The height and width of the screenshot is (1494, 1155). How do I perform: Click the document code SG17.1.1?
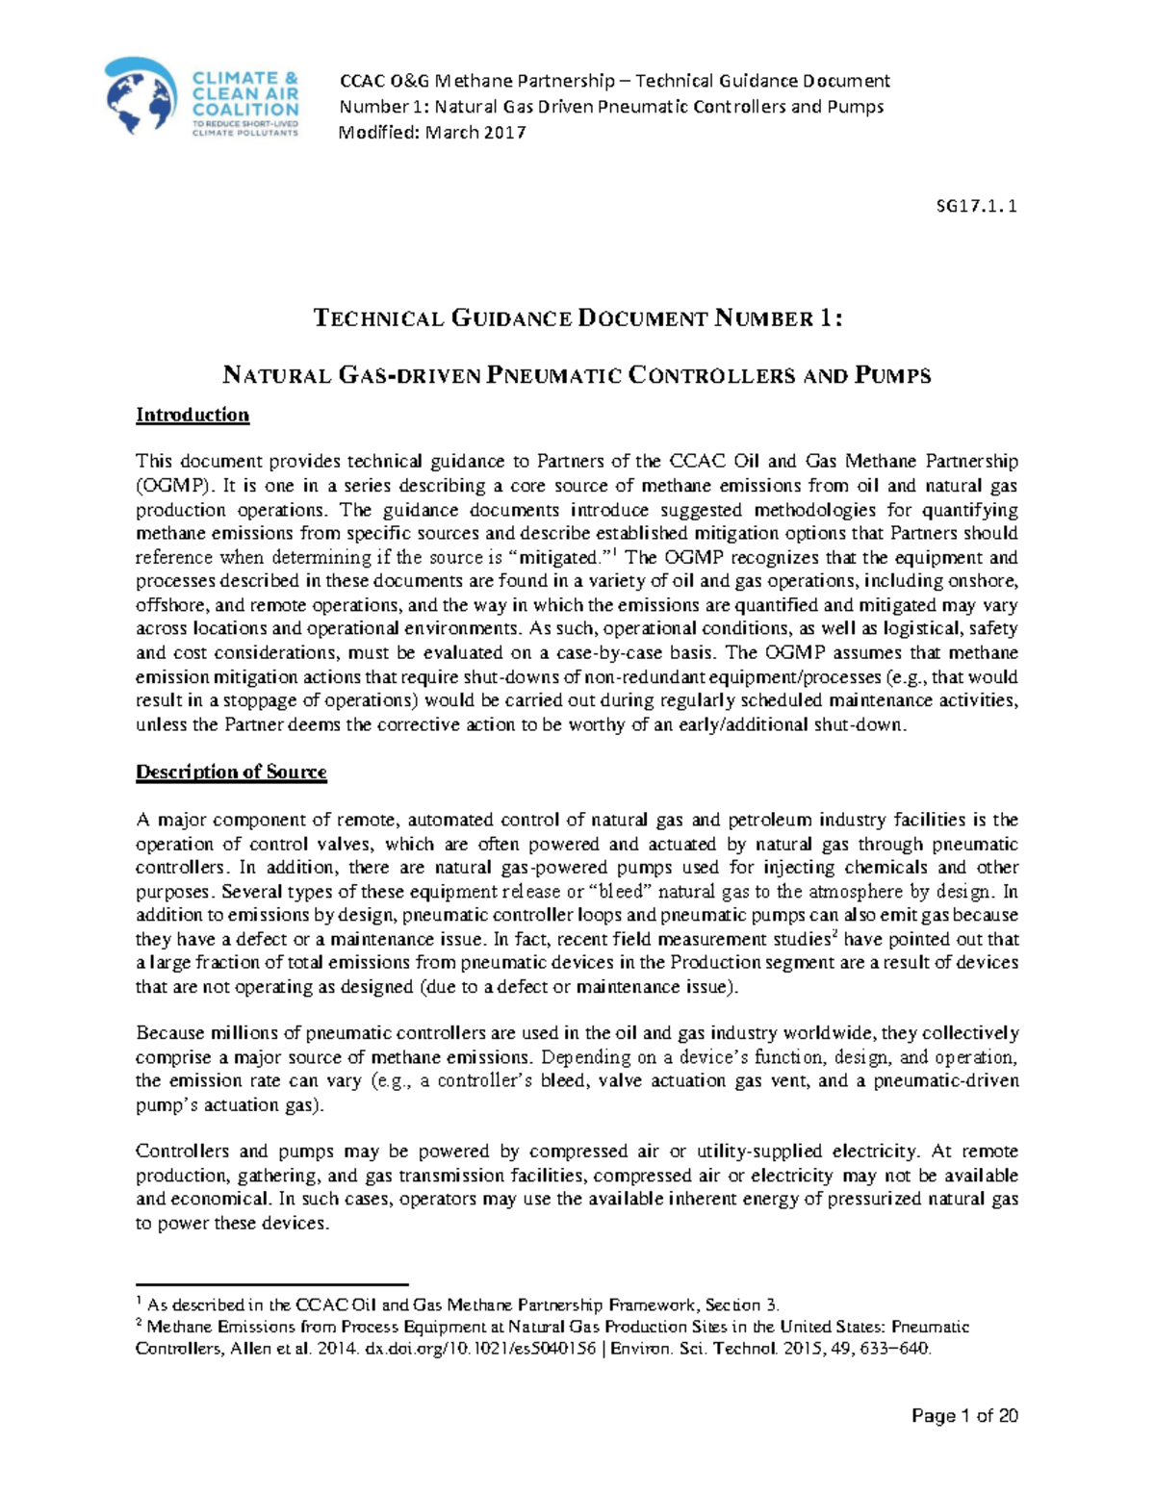pyautogui.click(x=977, y=206)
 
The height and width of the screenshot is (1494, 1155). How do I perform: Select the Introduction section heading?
pyautogui.click(x=192, y=415)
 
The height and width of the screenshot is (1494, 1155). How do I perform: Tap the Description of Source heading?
pyautogui.click(x=231, y=772)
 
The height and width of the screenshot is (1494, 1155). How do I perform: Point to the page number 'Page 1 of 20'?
pyautogui.click(x=964, y=1415)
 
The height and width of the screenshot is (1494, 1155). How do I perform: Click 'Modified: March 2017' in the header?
pyautogui.click(x=432, y=132)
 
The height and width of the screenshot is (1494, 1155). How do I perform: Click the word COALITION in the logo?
pyautogui.click(x=245, y=110)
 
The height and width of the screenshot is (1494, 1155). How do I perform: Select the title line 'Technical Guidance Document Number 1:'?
pyautogui.click(x=577, y=318)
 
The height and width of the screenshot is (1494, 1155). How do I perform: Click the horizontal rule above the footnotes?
pyautogui.click(x=272, y=1284)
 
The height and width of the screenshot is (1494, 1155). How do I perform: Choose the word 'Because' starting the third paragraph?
pyautogui.click(x=169, y=1033)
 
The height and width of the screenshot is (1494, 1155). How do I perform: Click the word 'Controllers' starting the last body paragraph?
pyautogui.click(x=182, y=1152)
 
